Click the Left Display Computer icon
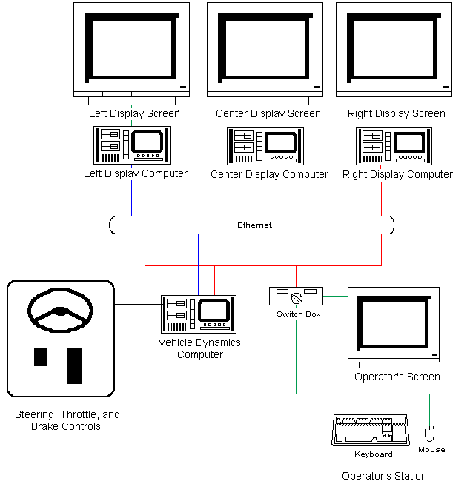(x=132, y=145)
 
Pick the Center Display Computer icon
(x=264, y=145)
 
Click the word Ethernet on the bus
(x=254, y=225)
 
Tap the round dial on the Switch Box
(x=296, y=298)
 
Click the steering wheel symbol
(x=59, y=312)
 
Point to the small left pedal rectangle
(x=41, y=357)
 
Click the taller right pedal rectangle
(x=74, y=365)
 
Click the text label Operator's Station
(x=384, y=476)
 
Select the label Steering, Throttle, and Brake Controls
(x=67, y=420)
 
